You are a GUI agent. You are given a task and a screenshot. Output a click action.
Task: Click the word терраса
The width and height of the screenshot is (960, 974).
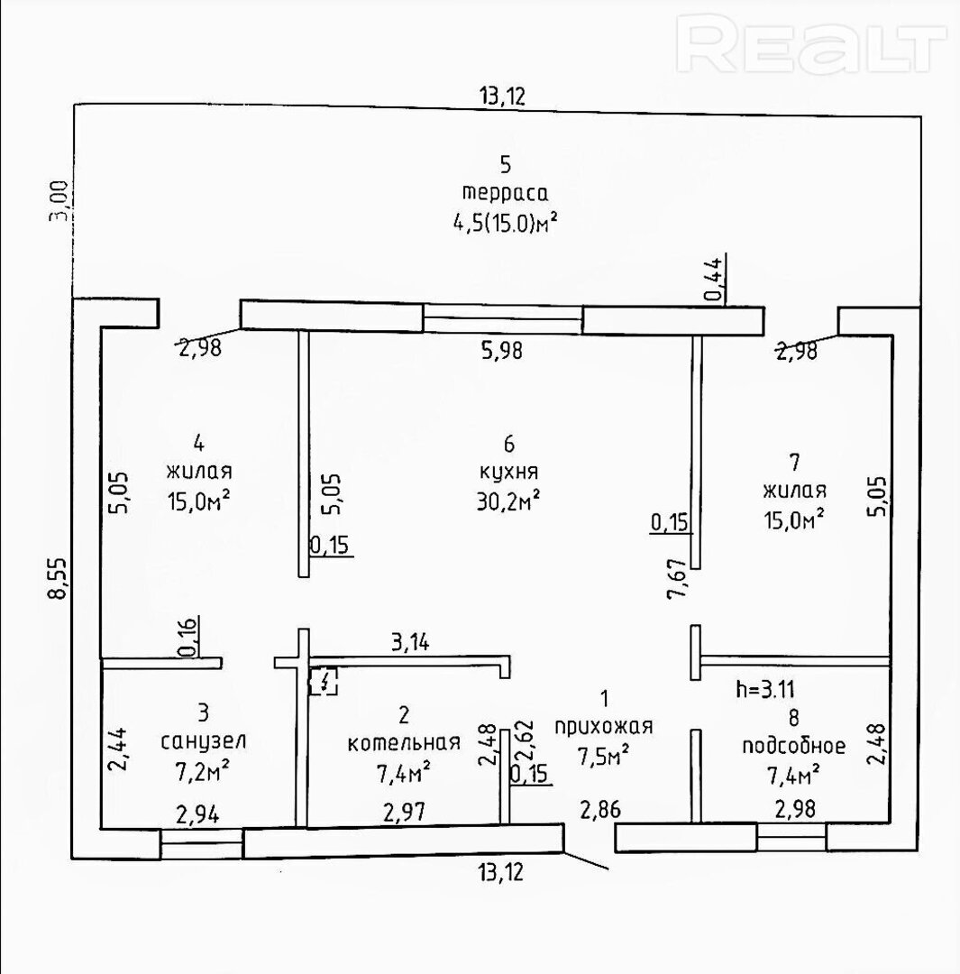505,194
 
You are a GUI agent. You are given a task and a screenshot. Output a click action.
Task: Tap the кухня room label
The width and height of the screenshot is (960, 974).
509,473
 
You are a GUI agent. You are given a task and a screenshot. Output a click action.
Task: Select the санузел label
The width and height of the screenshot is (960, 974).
204,741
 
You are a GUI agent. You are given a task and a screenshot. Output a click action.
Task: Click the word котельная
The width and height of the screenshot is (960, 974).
404,743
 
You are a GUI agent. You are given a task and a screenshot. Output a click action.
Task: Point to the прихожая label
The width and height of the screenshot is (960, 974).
604,727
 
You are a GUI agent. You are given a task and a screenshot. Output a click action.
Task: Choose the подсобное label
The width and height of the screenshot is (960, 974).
793,746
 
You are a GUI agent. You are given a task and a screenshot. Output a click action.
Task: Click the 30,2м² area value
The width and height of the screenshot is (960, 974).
507,501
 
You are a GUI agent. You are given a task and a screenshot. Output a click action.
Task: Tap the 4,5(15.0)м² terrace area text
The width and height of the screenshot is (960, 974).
504,222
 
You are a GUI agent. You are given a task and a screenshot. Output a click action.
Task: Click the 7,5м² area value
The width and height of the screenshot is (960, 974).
604,756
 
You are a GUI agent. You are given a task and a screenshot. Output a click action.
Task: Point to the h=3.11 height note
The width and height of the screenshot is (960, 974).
765,690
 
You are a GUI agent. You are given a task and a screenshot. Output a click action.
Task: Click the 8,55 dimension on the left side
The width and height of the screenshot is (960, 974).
59,578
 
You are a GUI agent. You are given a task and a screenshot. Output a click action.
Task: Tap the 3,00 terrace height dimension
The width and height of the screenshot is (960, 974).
59,200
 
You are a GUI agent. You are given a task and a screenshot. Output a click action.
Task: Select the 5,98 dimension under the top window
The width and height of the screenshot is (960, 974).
502,351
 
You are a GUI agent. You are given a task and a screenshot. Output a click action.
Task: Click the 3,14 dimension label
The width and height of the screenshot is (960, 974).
410,642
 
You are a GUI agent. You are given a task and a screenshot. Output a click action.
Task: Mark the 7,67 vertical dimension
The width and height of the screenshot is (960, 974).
677,578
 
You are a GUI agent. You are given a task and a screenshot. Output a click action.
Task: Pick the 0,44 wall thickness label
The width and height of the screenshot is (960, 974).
715,280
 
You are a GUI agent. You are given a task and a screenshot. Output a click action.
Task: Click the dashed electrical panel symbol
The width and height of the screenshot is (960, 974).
325,682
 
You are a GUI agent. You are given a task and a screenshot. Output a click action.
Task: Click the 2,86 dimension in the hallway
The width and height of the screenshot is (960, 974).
600,810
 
